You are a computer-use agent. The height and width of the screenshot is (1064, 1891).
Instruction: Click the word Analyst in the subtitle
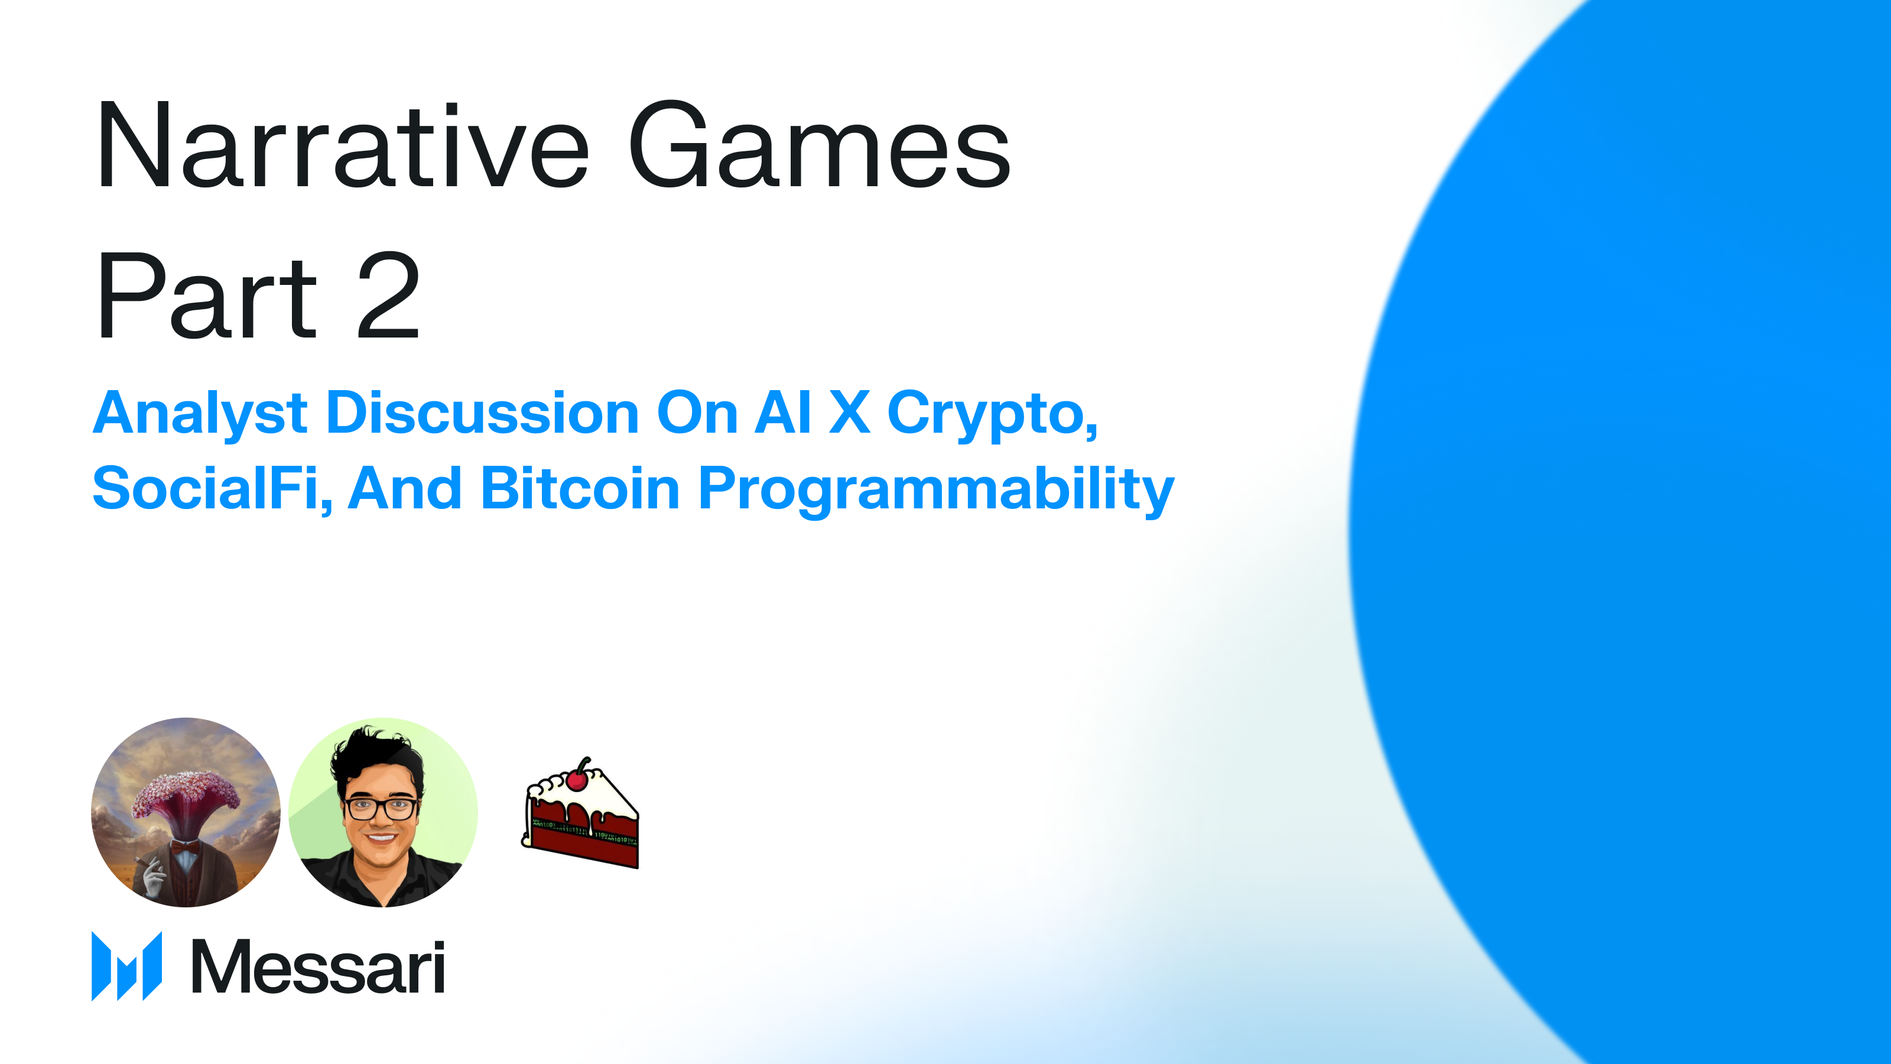pyautogui.click(x=200, y=413)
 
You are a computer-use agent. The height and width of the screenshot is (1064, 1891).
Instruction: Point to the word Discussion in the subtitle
pyautogui.click(x=482, y=413)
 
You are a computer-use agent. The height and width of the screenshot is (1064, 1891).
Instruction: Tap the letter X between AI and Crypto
pyautogui.click(x=849, y=413)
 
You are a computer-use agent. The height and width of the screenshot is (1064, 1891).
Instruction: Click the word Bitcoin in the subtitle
pyautogui.click(x=580, y=488)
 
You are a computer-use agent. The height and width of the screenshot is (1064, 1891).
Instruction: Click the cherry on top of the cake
pyautogui.click(x=578, y=778)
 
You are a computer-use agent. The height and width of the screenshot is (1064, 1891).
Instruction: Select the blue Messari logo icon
pyautogui.click(x=126, y=966)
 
